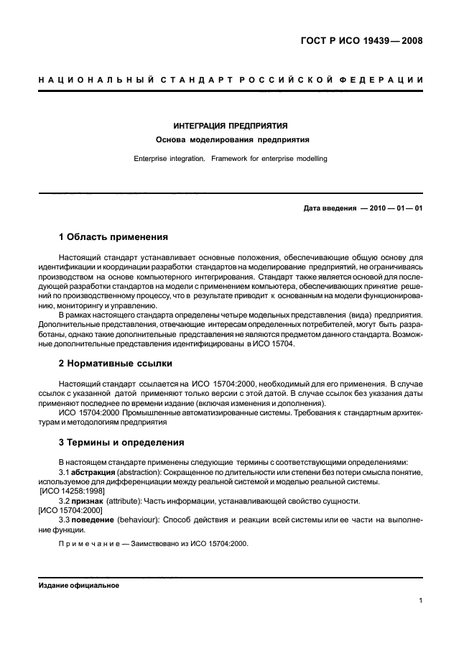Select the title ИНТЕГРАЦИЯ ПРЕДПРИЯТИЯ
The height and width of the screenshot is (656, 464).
coord(231,125)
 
